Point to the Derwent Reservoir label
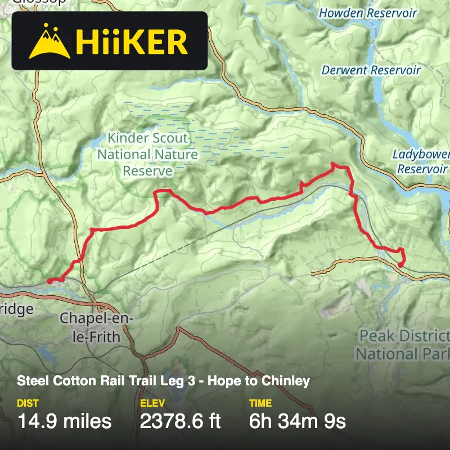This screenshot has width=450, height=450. [371, 70]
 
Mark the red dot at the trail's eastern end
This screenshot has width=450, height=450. [400, 264]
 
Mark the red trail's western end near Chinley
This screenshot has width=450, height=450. [49, 280]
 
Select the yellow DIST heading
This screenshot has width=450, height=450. [28, 403]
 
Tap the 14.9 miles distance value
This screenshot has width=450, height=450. [65, 421]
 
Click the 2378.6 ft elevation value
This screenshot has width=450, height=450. [180, 421]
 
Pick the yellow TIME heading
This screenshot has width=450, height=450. [260, 403]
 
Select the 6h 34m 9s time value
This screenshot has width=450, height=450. [297, 421]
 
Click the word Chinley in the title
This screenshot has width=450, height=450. [289, 381]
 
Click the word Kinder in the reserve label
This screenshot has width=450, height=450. [127, 138]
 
